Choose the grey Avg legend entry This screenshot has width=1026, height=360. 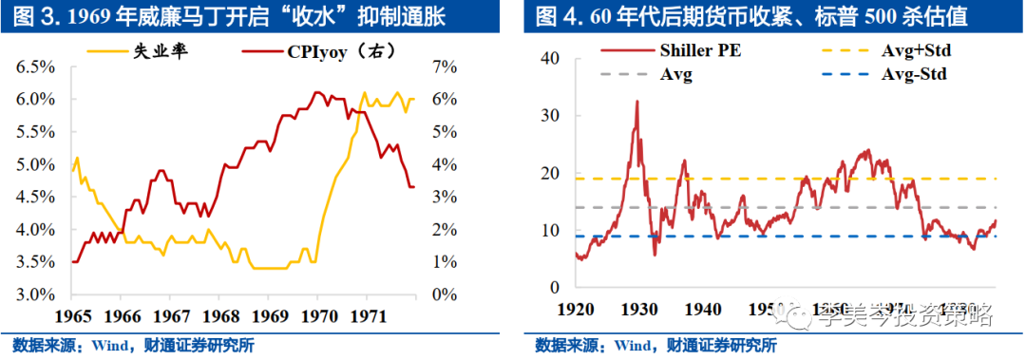(675, 73)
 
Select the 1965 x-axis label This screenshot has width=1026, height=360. (72, 313)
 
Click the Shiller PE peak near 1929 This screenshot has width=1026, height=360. (636, 102)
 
